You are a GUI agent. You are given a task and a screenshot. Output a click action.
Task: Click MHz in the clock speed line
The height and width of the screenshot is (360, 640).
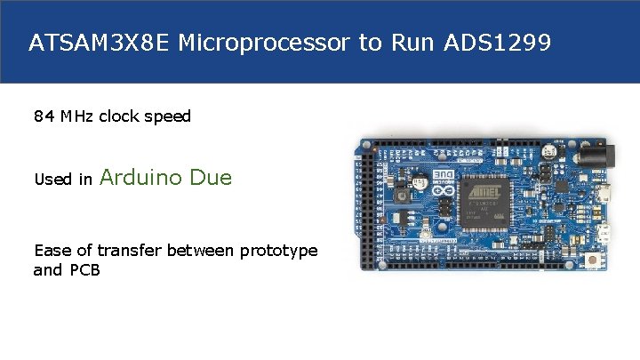click(x=77, y=116)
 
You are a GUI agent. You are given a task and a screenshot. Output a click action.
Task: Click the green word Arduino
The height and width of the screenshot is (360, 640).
click(x=142, y=178)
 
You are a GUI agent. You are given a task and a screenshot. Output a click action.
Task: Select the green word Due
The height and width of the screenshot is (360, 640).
click(x=211, y=178)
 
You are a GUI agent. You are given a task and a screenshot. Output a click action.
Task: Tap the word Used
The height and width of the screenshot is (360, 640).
click(x=52, y=180)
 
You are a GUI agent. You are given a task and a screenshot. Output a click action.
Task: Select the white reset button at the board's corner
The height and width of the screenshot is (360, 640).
click(x=592, y=259)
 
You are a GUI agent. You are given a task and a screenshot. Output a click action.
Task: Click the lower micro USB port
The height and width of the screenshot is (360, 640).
click(x=604, y=233)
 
